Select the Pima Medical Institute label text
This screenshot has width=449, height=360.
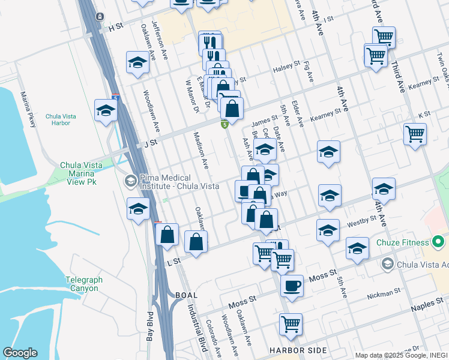tap(171, 182)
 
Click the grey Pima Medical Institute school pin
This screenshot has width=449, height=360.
tap(130, 181)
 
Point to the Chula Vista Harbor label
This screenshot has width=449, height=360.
tap(61, 119)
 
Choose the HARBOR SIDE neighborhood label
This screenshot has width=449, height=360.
tap(298, 350)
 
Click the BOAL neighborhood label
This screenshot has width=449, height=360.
tap(186, 295)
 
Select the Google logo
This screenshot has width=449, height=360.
tap(20, 352)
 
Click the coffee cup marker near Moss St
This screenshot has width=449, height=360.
tap(292, 285)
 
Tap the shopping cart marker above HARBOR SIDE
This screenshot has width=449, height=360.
tap(291, 324)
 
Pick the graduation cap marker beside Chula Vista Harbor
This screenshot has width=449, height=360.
tap(106, 110)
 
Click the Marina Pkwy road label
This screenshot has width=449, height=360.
tap(28, 109)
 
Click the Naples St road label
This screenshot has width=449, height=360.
tap(427, 307)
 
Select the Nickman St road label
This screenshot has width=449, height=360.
tap(384, 293)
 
